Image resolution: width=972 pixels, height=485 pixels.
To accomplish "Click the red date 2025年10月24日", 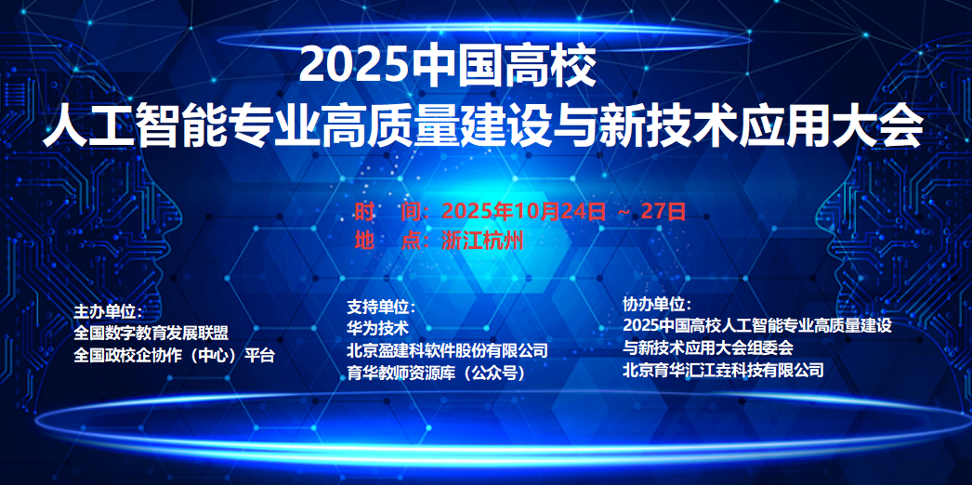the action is pos(524,212).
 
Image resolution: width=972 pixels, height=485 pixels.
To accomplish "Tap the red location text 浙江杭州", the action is pos(482,240).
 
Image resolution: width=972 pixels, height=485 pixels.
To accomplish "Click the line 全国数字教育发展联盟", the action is pos(151,334).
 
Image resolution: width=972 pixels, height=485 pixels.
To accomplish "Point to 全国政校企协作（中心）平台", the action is pos(174,356).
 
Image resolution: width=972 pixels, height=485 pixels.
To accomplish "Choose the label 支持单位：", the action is pos(381,308).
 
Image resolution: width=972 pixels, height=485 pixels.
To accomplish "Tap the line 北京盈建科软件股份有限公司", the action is pos(448,350).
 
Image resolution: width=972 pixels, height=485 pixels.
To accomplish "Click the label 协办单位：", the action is pos(657,305).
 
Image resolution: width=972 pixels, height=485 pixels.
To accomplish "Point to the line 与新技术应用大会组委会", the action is pos(708,347).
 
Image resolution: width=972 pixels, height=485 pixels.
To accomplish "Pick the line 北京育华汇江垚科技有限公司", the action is pos(723,371).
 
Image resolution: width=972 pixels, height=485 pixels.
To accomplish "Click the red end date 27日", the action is pos(663,212).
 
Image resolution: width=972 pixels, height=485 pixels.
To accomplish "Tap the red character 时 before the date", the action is pos(364,212).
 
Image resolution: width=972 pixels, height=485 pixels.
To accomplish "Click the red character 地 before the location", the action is pos(364,240).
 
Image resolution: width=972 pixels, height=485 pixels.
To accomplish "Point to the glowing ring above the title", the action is pos(483,31).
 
